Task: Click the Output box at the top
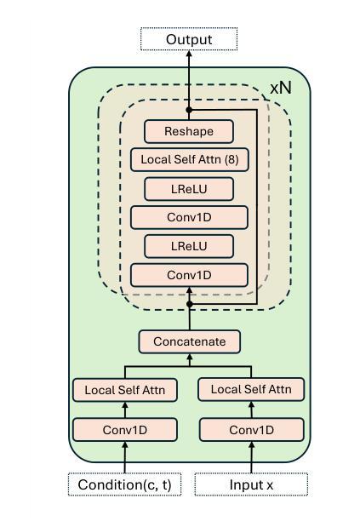(x=189, y=39)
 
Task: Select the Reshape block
(x=189, y=131)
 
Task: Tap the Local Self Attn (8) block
(x=190, y=160)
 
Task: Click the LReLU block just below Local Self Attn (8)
(x=189, y=189)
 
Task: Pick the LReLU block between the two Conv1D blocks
(x=189, y=246)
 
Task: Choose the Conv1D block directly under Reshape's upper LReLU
(x=190, y=217)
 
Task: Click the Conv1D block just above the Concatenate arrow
(x=190, y=275)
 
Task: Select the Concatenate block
(x=190, y=341)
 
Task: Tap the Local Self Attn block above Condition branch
(x=125, y=390)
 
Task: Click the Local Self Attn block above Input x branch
(x=251, y=390)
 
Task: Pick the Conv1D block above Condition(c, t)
(x=125, y=430)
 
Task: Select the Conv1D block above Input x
(x=252, y=430)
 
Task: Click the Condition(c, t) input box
(x=124, y=484)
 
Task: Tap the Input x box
(x=251, y=484)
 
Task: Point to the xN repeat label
(x=281, y=88)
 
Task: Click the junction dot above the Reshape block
(x=189, y=110)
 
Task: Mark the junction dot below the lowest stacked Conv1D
(x=190, y=304)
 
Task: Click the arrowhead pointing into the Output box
(x=189, y=54)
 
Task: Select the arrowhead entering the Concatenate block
(x=190, y=357)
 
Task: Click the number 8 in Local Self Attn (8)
(x=231, y=159)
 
